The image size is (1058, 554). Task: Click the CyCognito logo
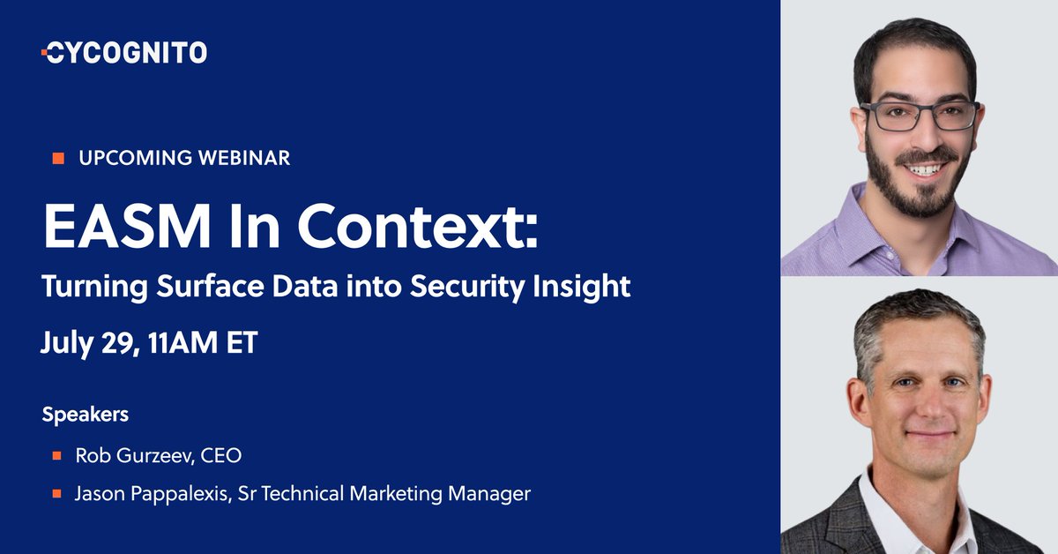click(x=124, y=53)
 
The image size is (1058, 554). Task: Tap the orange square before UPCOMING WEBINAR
click(x=58, y=159)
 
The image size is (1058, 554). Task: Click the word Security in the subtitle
click(x=479, y=288)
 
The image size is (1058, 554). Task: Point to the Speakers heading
click(x=86, y=414)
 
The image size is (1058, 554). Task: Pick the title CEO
click(x=220, y=456)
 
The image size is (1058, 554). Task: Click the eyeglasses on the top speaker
click(x=920, y=115)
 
